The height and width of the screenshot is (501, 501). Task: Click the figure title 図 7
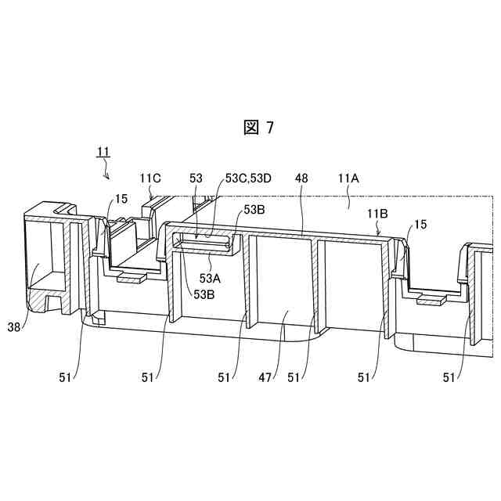[x=258, y=128]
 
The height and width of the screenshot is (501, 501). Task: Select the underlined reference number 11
[x=103, y=151]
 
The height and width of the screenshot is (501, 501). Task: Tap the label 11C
[x=150, y=179]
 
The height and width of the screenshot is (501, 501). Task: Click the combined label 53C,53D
[x=248, y=179]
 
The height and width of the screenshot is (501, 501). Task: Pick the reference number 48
[x=301, y=179]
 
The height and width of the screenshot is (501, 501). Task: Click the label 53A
[x=210, y=278]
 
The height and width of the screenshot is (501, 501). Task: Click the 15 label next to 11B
[x=420, y=225]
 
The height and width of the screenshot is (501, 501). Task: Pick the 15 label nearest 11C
[x=121, y=200]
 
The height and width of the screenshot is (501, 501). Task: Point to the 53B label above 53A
[x=254, y=210]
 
